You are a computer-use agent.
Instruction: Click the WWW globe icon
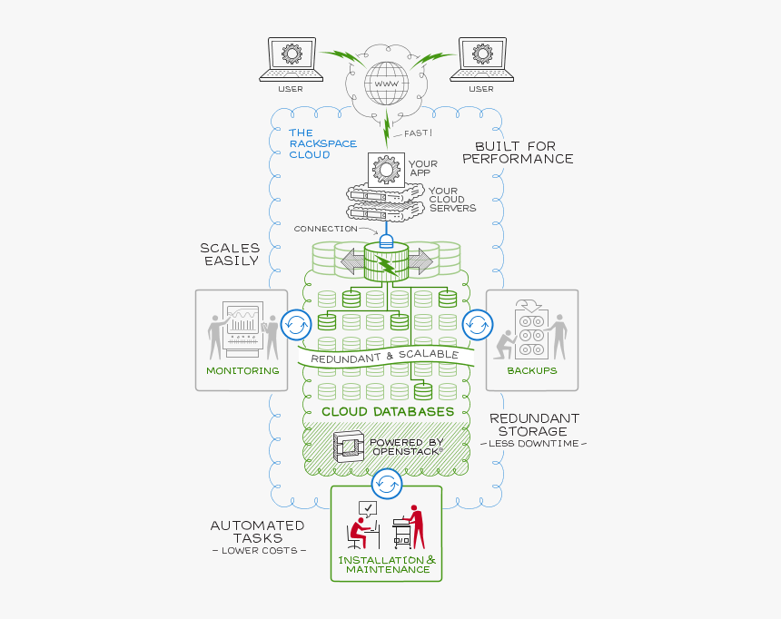[x=386, y=83]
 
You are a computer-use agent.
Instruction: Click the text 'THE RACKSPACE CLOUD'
[x=322, y=143]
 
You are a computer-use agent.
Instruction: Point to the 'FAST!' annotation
[x=418, y=133]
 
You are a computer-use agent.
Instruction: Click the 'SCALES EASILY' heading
[x=230, y=253]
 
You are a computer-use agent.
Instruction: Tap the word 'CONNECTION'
[x=325, y=229]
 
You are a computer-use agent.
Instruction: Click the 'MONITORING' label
[x=242, y=370]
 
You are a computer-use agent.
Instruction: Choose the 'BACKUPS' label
[x=532, y=370]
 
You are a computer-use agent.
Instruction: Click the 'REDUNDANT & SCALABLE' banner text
[x=385, y=357]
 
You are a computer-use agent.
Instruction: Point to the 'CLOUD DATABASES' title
[x=388, y=411]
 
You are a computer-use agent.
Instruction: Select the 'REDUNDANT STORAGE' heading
[x=534, y=424]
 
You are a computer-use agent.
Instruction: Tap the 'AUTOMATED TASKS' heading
[x=257, y=531]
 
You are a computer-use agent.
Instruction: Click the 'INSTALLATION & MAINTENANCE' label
[x=387, y=565]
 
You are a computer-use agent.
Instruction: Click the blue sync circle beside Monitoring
[x=295, y=324]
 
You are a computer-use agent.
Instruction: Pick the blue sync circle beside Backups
[x=477, y=324]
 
